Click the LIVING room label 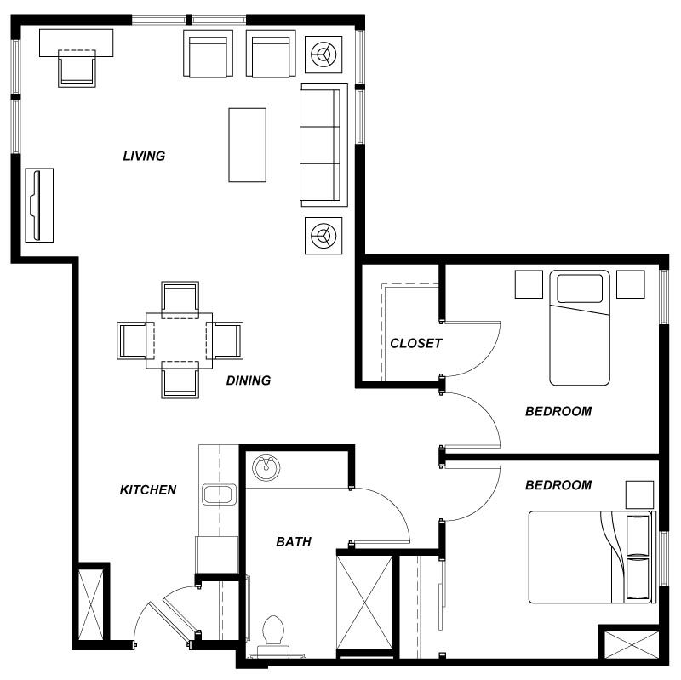144,156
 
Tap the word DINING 248,380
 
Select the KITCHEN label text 147,489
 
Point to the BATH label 293,541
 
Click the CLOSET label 415,344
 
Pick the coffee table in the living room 247,145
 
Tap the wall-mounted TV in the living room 37,204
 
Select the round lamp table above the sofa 323,55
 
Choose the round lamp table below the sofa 323,234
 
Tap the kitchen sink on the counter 219,494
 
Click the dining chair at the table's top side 180,298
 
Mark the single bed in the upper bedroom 581,328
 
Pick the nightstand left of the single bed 528,284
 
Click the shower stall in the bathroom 364,603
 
